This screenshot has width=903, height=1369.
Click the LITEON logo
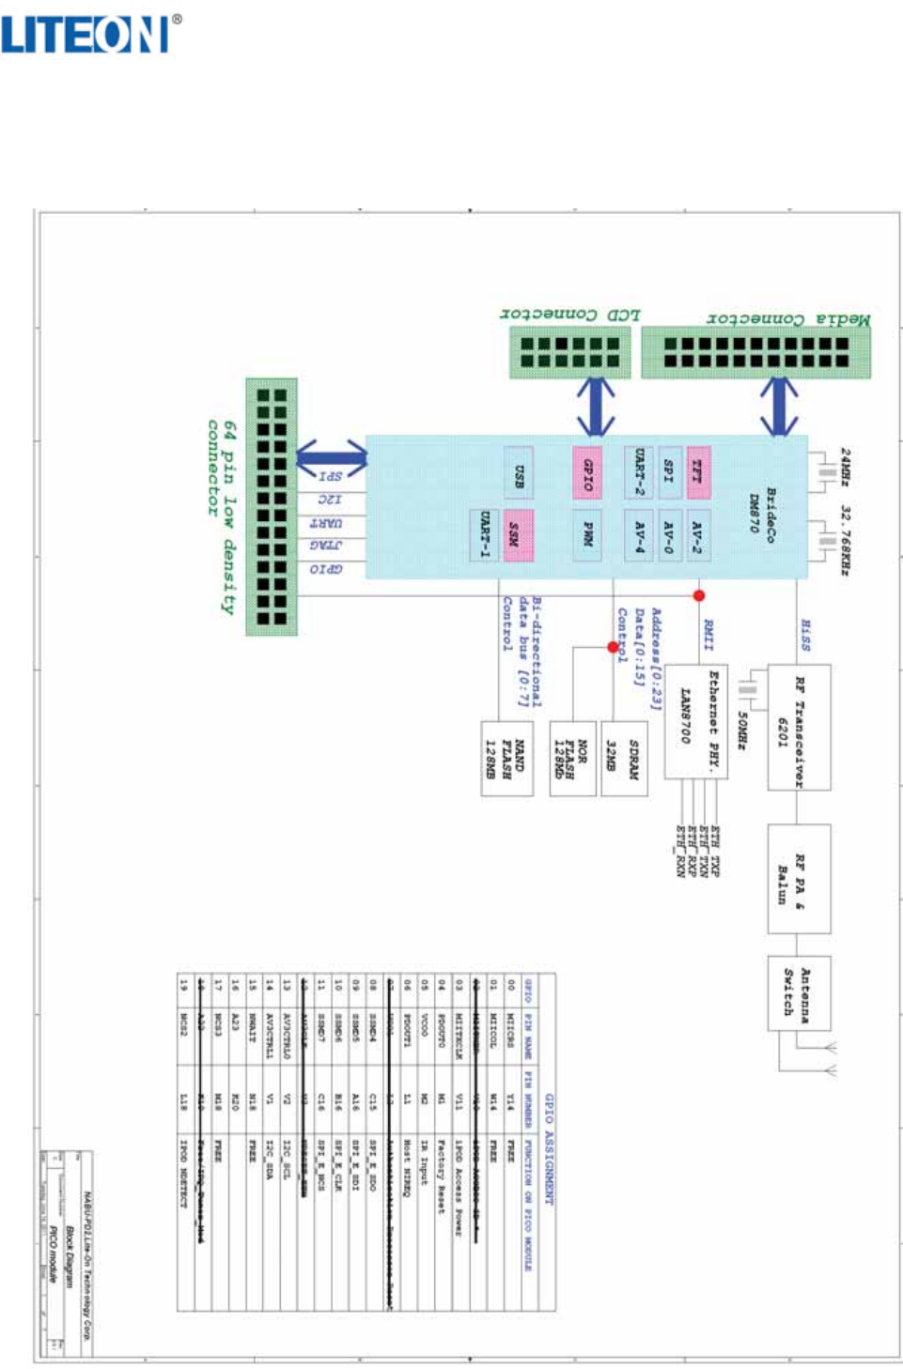pos(91,35)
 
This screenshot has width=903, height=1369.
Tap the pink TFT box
pos(698,471)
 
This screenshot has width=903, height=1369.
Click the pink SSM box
pos(518,535)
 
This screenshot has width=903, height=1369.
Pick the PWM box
pos(586,535)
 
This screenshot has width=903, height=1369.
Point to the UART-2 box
pos(638,471)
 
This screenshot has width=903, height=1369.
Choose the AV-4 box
pos(638,535)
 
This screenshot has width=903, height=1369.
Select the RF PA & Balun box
pos(799,879)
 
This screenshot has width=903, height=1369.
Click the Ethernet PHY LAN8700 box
pos(696,721)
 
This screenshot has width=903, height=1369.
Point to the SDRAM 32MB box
pos(624,759)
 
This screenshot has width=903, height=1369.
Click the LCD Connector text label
pos(569,315)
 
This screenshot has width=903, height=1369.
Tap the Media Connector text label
pos(788,319)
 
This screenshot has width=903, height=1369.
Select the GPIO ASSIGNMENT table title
pos(549,1149)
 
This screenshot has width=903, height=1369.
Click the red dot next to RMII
pos(699,595)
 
